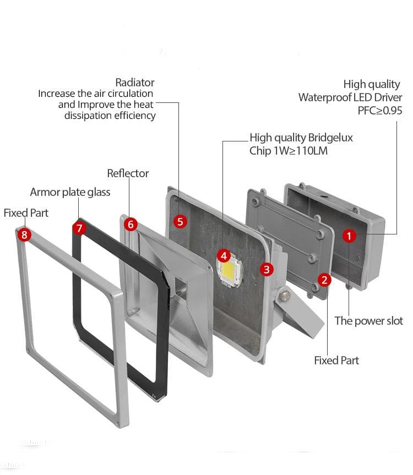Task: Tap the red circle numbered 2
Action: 325,280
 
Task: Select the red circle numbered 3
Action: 267,269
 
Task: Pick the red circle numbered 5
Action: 180,221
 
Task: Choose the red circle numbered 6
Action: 131,224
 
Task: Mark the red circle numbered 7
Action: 80,227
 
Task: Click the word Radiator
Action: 135,83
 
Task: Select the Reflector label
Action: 128,173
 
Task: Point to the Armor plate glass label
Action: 70,192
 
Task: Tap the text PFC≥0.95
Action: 380,111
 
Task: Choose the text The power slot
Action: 368,321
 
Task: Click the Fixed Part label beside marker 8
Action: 26,212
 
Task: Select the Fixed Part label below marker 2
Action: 336,361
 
